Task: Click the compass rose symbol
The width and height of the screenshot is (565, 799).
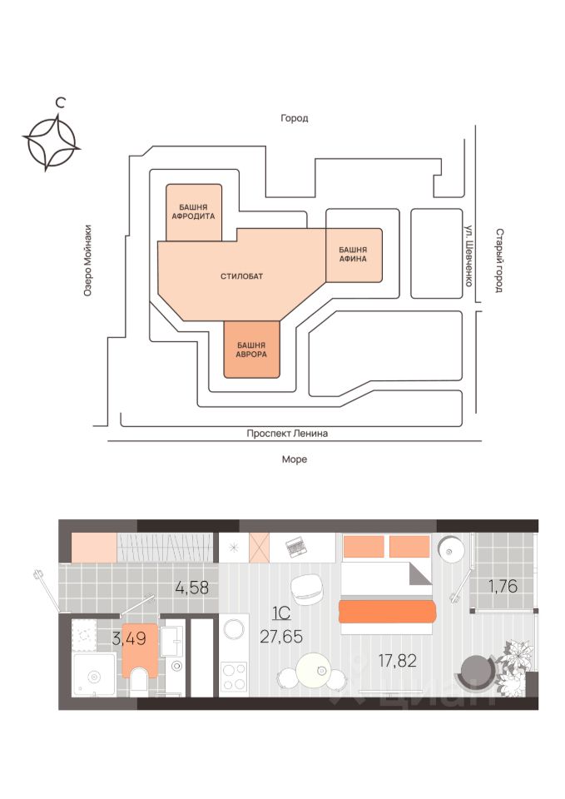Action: [x=52, y=141]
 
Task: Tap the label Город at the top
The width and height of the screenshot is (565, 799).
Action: [x=294, y=118]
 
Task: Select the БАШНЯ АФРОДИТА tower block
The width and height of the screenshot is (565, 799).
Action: [x=194, y=211]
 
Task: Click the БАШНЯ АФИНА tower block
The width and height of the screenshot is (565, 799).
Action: [x=353, y=254]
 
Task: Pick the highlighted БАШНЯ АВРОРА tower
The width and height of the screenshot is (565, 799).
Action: [x=251, y=349]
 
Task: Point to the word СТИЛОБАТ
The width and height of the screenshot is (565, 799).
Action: [x=241, y=275]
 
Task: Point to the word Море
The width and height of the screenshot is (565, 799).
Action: [x=294, y=459]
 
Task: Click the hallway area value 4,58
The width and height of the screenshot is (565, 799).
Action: [x=191, y=588]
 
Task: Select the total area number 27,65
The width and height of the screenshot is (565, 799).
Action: [x=280, y=637]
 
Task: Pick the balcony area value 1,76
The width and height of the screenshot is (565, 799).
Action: [x=503, y=586]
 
